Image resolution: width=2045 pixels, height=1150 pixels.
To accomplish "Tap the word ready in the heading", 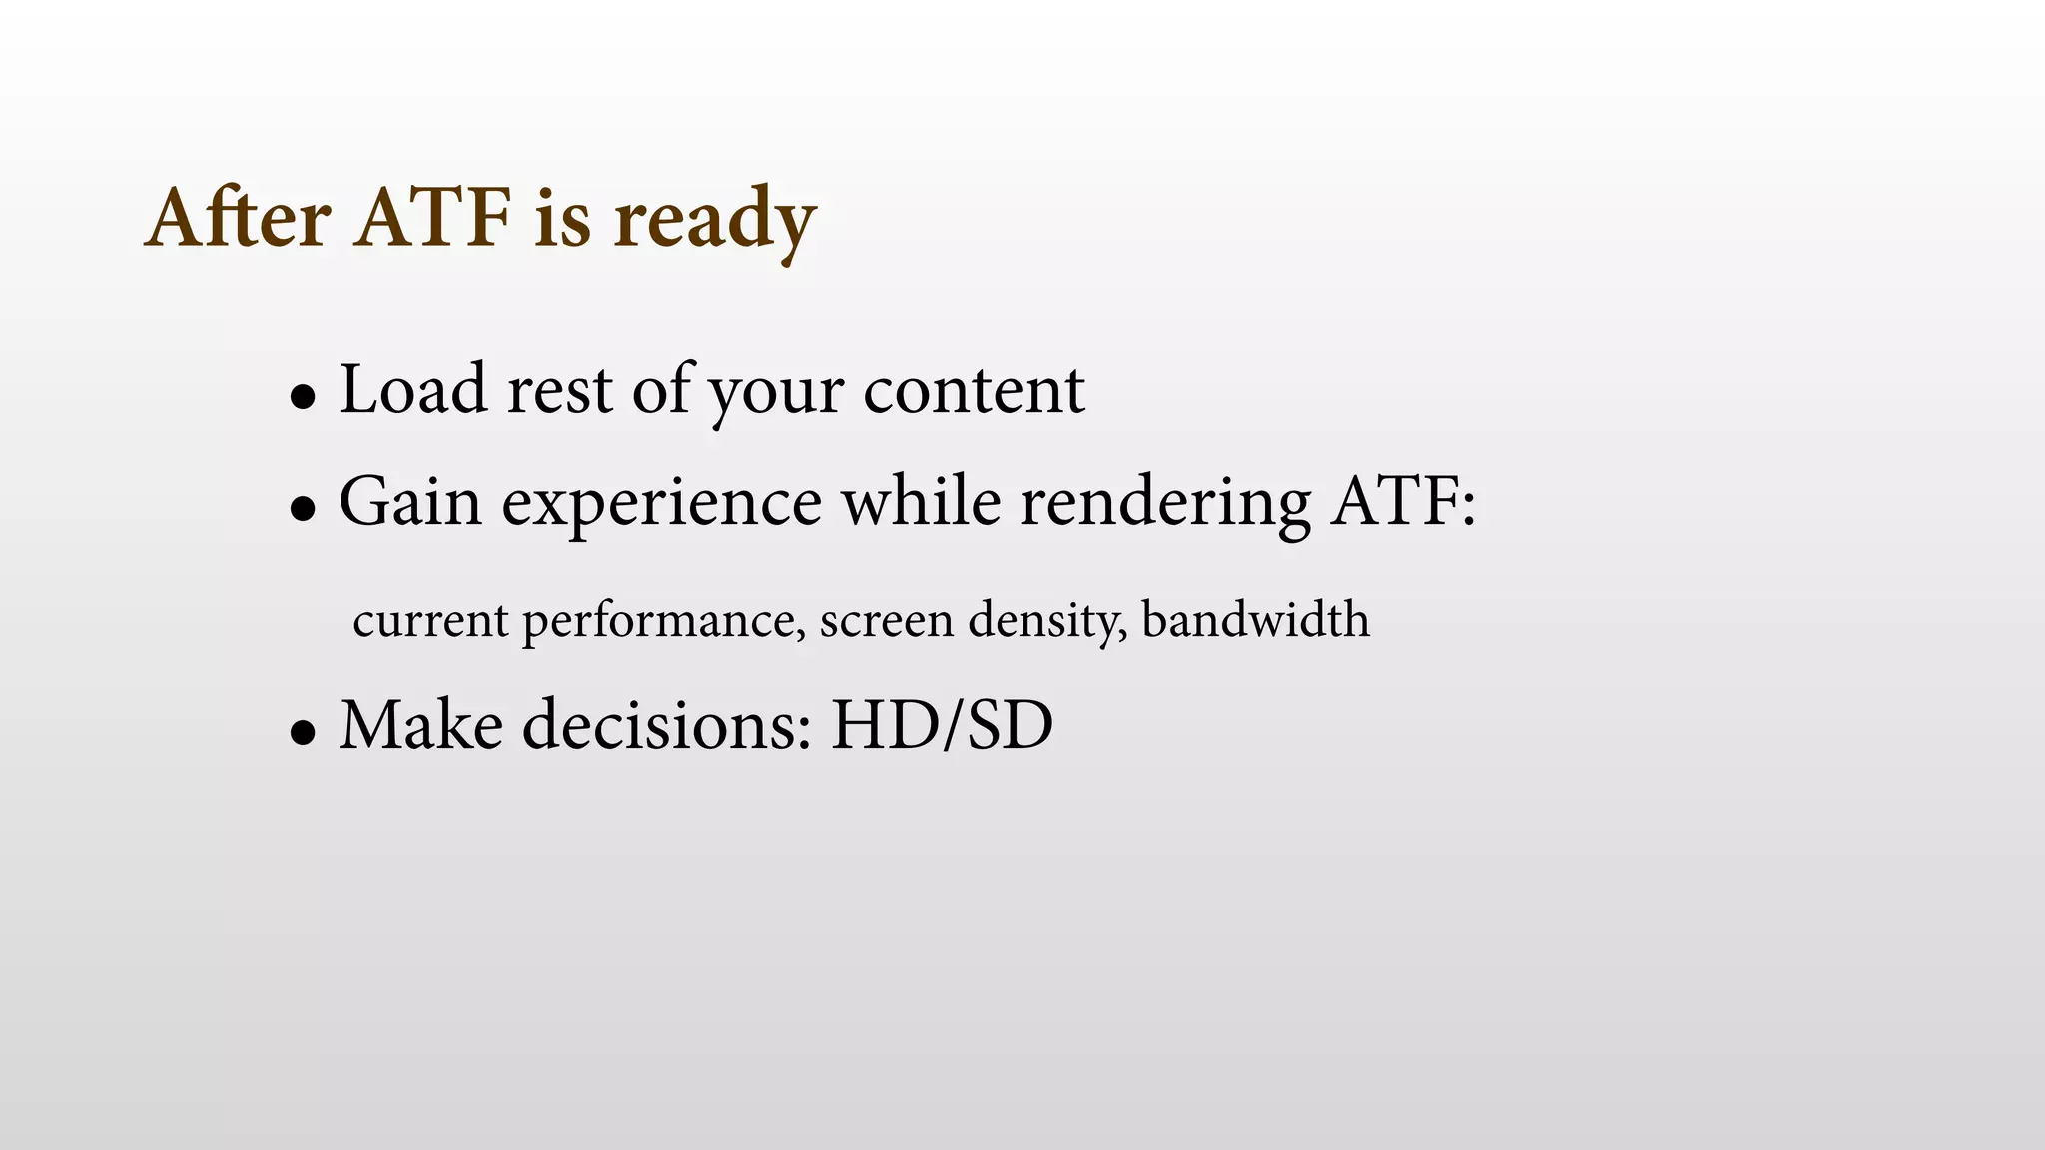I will tap(714, 222).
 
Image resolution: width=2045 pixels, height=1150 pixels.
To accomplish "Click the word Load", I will tap(413, 390).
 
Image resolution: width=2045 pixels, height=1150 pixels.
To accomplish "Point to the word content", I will tap(974, 390).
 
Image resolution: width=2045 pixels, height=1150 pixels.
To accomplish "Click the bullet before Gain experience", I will tap(303, 509).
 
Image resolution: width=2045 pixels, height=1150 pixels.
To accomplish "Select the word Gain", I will tap(410, 502).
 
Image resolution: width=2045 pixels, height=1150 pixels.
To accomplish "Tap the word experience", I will tap(661, 505).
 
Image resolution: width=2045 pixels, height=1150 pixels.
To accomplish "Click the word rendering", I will tap(1164, 505).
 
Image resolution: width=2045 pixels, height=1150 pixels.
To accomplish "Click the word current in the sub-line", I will tap(430, 621).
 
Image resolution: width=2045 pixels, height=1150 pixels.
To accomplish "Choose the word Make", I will tap(421, 725).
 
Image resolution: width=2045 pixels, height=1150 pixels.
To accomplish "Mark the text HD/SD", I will tap(942, 725).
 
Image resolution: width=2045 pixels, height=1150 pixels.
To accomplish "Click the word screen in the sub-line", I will tap(886, 621).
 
